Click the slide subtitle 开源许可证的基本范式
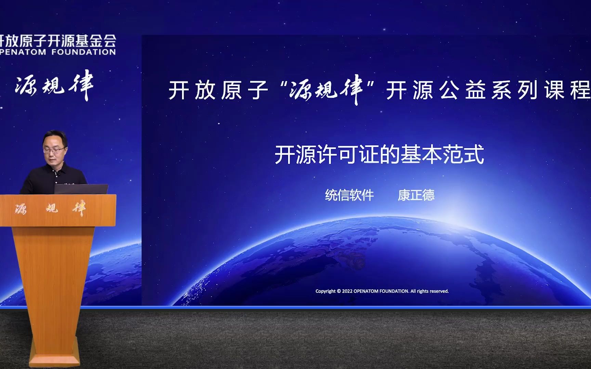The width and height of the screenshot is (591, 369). [379, 155]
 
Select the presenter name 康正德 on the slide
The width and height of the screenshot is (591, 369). [416, 195]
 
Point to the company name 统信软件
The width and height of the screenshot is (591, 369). [349, 195]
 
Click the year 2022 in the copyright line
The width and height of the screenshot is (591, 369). [347, 291]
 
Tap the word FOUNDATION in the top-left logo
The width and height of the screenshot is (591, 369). [83, 52]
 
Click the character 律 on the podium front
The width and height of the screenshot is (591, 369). [79, 208]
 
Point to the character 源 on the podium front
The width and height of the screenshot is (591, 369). [21, 209]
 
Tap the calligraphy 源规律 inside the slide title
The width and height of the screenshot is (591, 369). [326, 90]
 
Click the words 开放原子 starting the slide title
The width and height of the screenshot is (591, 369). [218, 90]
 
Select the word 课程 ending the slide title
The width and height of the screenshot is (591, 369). [568, 90]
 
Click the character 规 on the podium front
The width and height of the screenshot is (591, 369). [52, 208]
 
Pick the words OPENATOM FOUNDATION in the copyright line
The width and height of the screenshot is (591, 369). [381, 291]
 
